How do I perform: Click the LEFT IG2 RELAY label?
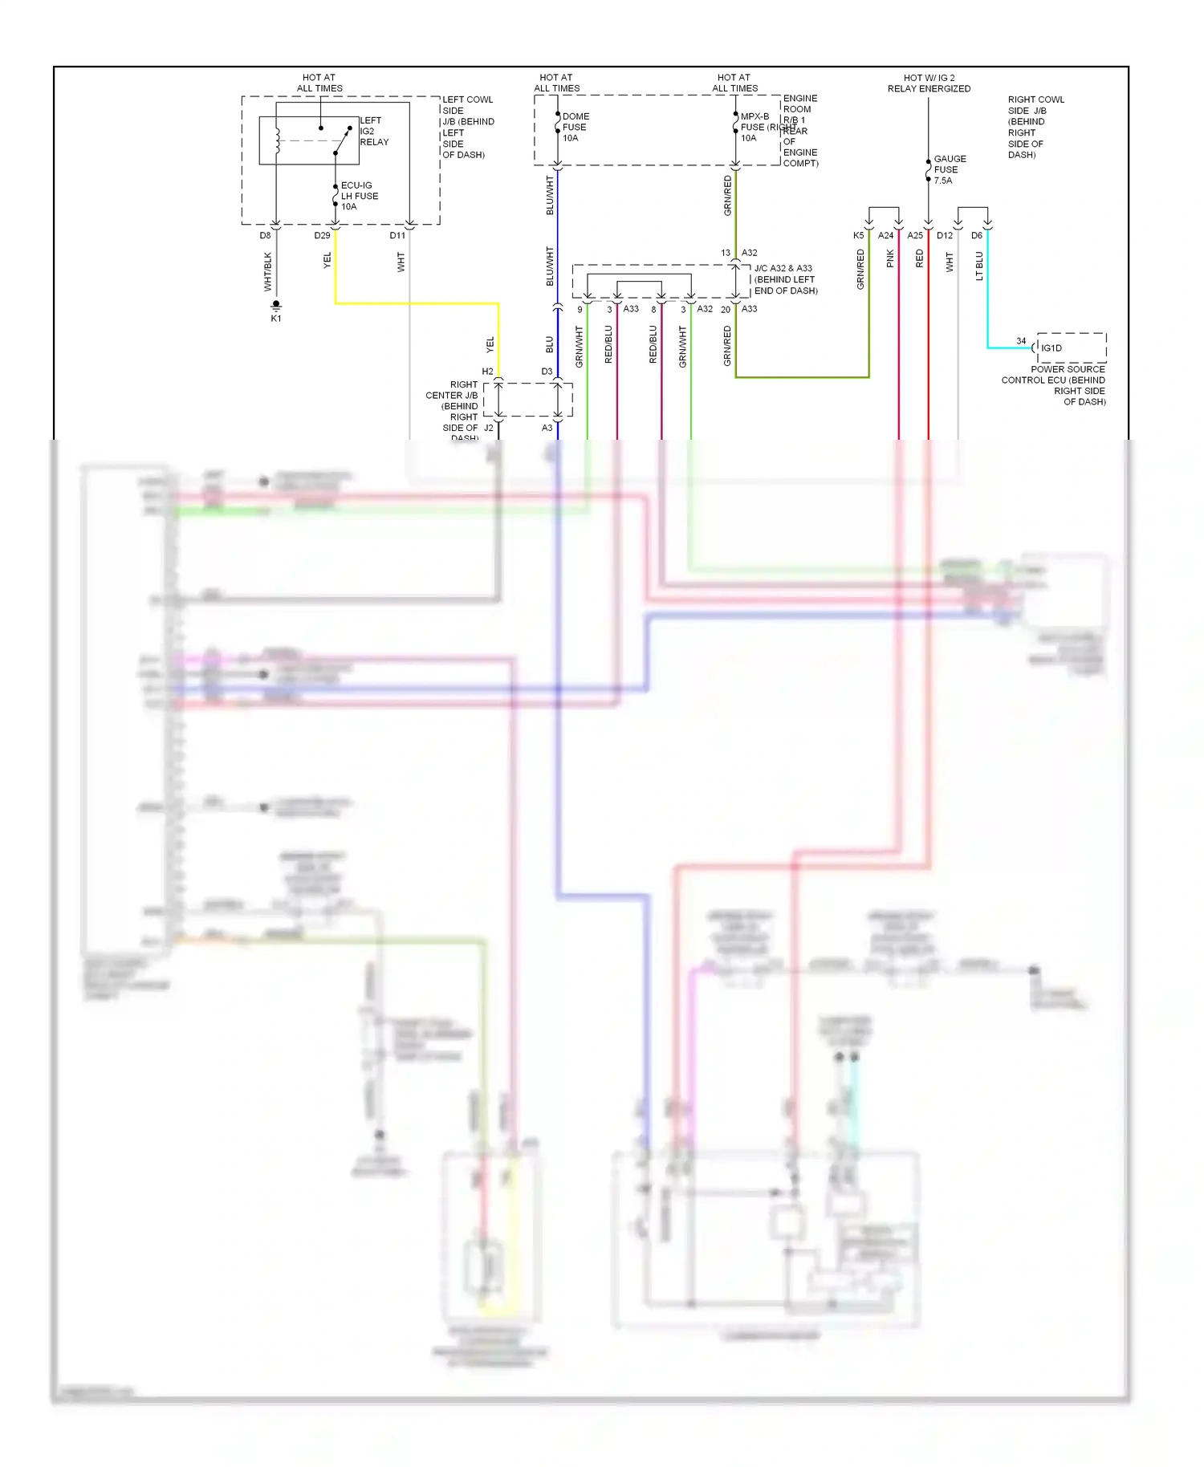[373, 132]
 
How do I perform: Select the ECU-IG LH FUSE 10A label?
[359, 196]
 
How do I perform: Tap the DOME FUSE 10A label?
[576, 127]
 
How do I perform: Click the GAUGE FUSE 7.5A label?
[950, 169]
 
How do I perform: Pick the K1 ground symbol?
[276, 306]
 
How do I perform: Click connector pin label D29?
[322, 236]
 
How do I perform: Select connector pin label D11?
[397, 236]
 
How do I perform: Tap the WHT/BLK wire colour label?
[268, 271]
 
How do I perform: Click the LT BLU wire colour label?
[979, 266]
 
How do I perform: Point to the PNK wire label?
[890, 258]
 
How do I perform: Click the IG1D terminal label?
[1051, 348]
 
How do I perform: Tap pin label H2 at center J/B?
[487, 372]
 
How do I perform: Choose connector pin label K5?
[858, 236]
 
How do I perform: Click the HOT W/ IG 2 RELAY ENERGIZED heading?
[929, 83]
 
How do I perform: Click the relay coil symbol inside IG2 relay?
[278, 140]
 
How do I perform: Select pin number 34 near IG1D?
[1021, 341]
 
